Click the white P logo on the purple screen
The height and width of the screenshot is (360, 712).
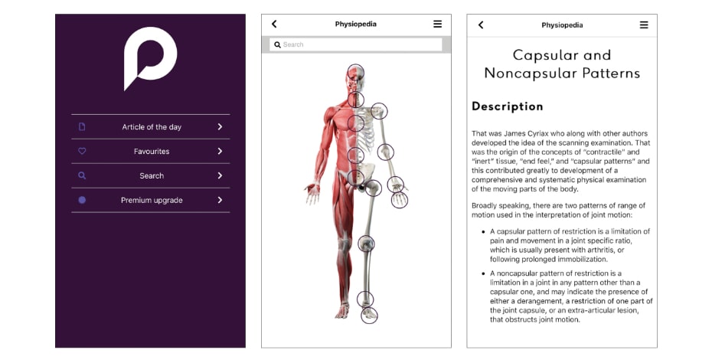(x=151, y=57)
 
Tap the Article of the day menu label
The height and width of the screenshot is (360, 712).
(x=152, y=127)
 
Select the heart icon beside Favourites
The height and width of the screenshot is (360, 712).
(x=82, y=152)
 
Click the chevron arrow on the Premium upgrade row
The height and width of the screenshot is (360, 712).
(x=220, y=200)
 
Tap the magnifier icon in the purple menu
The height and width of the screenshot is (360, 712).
(x=82, y=175)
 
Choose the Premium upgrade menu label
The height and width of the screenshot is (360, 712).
(x=152, y=200)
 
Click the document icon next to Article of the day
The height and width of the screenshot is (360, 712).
(x=82, y=127)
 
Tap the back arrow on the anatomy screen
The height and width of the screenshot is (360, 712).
(x=274, y=25)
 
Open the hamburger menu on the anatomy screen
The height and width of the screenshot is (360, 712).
(x=437, y=25)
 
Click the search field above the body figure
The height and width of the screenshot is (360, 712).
(x=356, y=44)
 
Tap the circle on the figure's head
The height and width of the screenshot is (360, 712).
(x=355, y=73)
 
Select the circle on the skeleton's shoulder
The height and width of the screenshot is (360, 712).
(x=379, y=112)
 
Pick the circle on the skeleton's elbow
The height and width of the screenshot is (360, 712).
(x=386, y=152)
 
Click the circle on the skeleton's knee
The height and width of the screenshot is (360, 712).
(x=367, y=244)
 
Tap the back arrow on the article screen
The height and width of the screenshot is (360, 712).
(x=481, y=25)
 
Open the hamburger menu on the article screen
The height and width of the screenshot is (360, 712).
(x=644, y=25)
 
